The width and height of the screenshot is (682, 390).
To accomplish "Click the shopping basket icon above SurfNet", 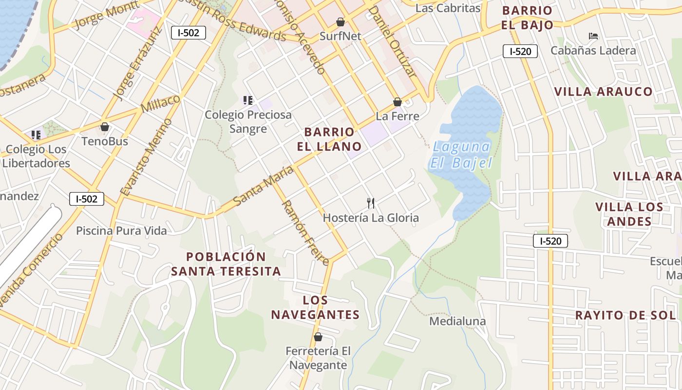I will pos(341,22).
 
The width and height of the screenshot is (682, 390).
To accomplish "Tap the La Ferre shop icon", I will pos(398,102).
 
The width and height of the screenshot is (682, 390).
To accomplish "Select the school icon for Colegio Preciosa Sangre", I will pos(247,100).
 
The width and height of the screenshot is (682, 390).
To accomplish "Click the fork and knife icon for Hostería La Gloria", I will pos(371,203).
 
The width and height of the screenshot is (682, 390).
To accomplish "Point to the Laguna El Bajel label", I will pos(461,155).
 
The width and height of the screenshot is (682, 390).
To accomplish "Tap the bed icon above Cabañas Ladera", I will pos(593,36).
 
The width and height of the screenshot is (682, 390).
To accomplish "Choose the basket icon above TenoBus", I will pos(105,127).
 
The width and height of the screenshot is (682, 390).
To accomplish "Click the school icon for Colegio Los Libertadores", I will pos(36,135).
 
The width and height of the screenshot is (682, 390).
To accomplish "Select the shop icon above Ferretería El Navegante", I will pos(318,337).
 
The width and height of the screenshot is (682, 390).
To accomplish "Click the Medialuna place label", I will pos(457,321).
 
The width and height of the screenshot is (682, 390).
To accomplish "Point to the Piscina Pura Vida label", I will pos(121,231).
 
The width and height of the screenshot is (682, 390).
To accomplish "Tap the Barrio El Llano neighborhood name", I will pos(329,139).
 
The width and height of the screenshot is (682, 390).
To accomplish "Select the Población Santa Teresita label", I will pos(226,264).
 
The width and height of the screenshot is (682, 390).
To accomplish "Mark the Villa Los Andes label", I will pos(629,214).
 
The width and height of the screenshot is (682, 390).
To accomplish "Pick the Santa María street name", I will pos(263,186).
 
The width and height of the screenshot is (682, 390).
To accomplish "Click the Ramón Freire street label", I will pos(305,232).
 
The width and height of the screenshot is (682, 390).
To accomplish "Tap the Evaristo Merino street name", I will pos(147,157).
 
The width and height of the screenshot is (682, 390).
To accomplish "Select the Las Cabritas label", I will pos(448,8).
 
